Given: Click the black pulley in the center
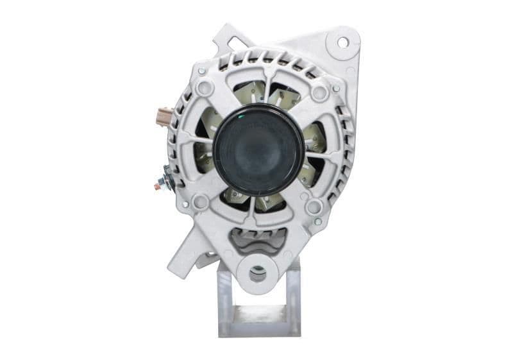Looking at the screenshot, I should click(258, 150).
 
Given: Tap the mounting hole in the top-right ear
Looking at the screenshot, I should click(342, 42).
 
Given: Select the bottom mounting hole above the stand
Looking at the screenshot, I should click(258, 274).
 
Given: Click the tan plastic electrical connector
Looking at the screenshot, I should click(164, 118).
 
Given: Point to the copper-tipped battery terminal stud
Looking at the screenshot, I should click(158, 186).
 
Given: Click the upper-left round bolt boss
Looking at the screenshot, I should click(205, 88).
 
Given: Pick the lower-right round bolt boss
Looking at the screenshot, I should click(314, 207).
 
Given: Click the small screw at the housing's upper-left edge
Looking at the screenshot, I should click(201, 71).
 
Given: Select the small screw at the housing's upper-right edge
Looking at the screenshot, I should click(335, 89).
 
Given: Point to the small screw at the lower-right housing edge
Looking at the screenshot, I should click(317, 221).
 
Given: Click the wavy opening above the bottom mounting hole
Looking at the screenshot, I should click(258, 241).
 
